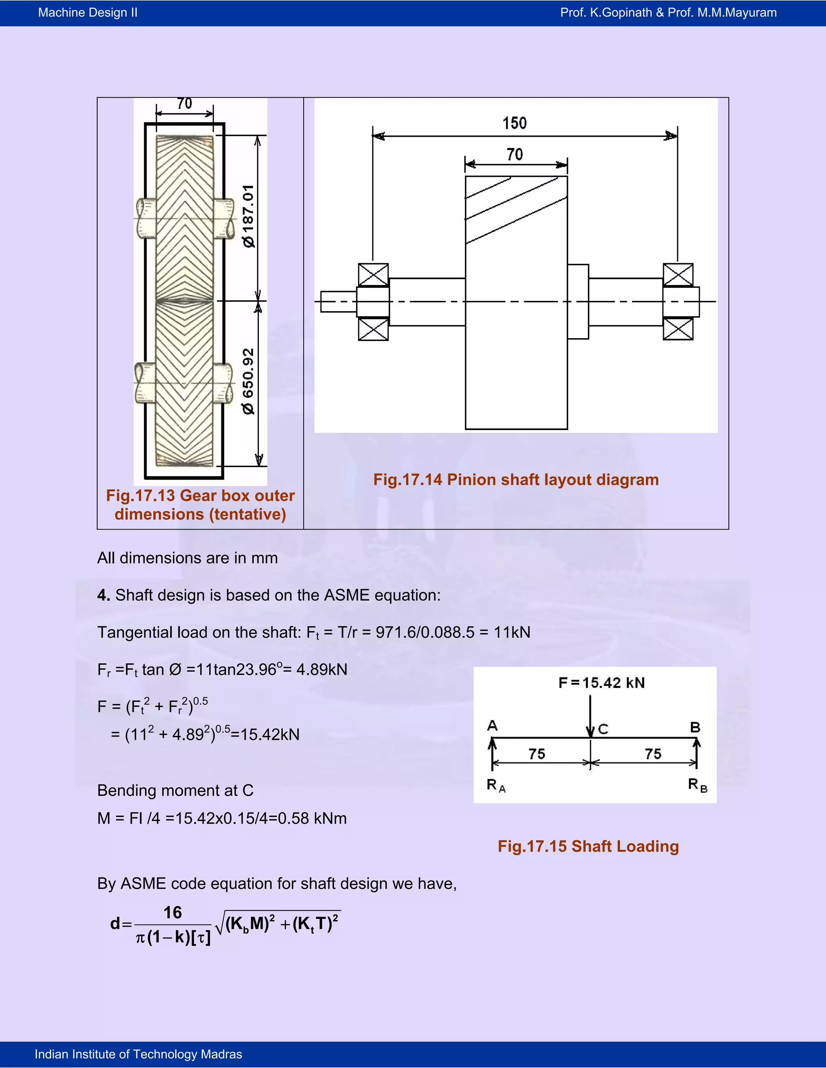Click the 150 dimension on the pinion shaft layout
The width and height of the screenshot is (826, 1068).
pos(514,123)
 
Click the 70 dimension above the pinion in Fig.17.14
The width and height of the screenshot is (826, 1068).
pos(514,154)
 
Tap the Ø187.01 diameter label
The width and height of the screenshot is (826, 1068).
pos(248,216)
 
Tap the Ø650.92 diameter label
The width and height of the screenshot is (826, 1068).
pos(248,381)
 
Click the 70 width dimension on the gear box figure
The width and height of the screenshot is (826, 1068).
pos(184,104)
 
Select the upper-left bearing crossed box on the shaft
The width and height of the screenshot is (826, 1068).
pos(373,274)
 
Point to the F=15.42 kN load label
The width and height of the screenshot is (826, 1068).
pos(601,683)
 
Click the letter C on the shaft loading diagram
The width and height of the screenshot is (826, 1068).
pos(603,729)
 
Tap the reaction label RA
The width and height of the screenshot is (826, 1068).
pos(496,785)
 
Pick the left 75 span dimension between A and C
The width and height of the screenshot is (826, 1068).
pos(537,754)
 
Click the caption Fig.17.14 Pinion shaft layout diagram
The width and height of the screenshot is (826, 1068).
pos(516,479)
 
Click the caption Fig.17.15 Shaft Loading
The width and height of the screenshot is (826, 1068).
pos(588,846)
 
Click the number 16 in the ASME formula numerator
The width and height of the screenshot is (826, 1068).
pos(172,912)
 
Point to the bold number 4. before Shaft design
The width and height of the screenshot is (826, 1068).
pos(103,595)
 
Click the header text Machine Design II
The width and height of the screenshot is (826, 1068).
pos(88,13)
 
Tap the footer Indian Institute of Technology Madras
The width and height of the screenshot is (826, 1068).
pos(138,1054)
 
